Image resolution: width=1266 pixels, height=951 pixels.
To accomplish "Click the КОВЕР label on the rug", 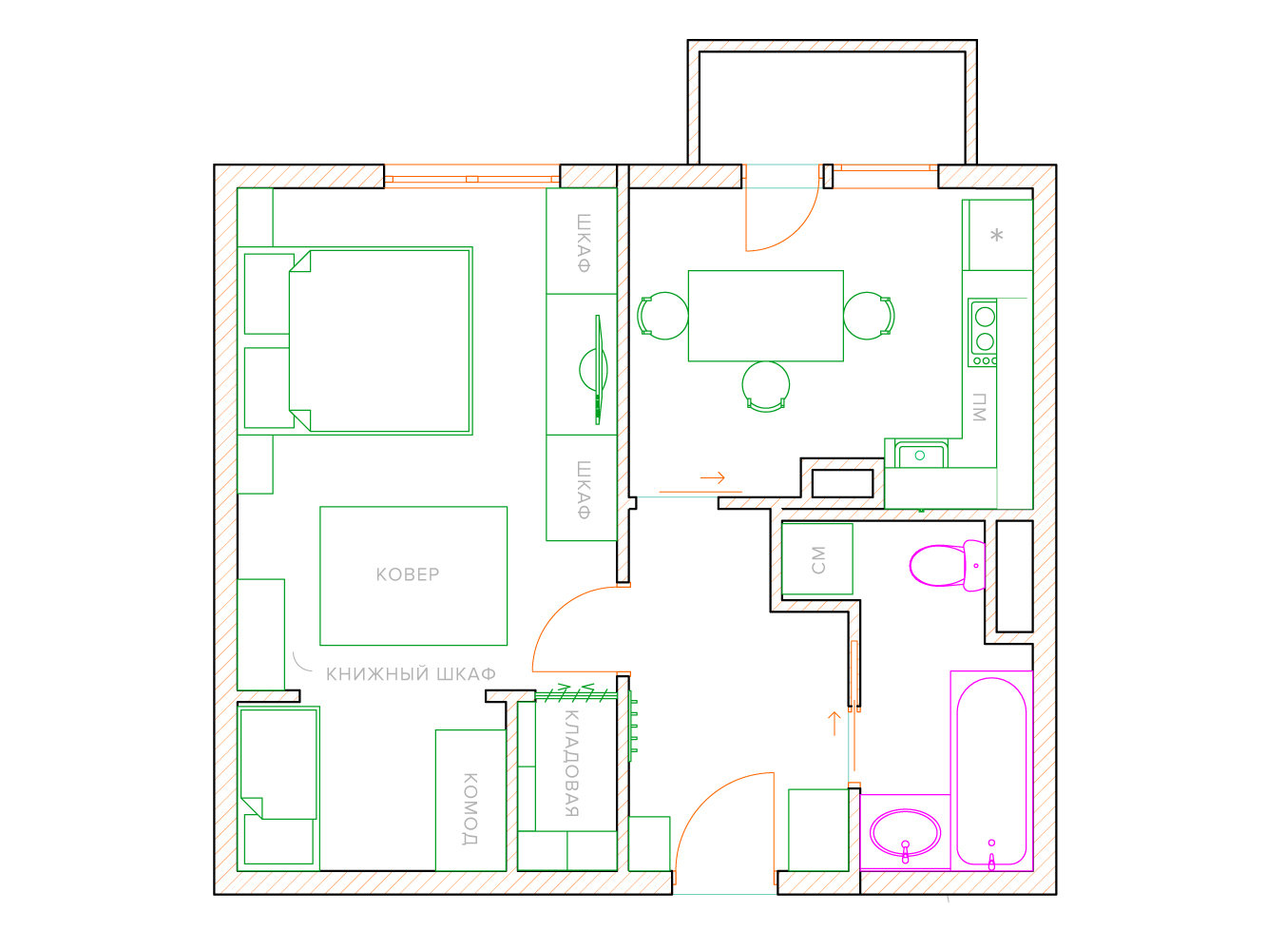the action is coord(407,574).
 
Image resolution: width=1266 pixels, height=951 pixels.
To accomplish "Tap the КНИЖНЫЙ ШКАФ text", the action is coord(411,674).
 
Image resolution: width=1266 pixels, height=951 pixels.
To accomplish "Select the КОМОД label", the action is coord(470,809).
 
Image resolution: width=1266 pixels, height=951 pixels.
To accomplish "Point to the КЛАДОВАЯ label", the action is coord(571,764).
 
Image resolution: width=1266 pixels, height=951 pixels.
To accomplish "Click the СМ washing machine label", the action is coord(817,560).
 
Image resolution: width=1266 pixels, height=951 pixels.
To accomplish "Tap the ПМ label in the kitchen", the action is coord(979,407).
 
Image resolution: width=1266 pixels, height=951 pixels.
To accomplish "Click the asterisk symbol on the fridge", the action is coord(997,235).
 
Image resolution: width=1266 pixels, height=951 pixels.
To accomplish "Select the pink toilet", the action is coord(947,566).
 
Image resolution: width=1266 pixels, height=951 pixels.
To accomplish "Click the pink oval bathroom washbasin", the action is coord(905,834).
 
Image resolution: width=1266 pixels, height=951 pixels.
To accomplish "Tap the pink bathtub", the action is coord(991,771).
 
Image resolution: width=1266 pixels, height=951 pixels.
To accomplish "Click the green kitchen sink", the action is coord(921,455).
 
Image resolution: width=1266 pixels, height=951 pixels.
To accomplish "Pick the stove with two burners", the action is coord(983,333).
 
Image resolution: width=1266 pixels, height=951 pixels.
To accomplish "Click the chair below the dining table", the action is coord(766,387).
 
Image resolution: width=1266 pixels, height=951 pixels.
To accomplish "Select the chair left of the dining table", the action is coord(662,316).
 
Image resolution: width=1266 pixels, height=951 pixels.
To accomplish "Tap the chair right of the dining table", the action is coord(869,316).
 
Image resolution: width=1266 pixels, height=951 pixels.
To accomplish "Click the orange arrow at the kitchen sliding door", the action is coord(712,477).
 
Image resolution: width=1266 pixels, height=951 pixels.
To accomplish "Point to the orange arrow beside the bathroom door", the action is coord(834,724).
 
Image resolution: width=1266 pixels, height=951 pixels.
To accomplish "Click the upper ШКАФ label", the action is coord(584,243).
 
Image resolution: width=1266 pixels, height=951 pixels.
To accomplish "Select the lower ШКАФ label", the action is coord(584,490).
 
